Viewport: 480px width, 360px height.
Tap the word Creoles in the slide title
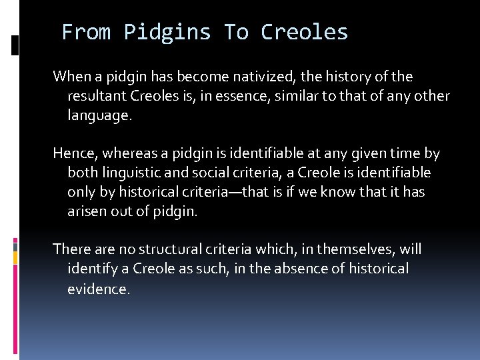coord(304,32)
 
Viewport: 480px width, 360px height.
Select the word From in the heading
coord(86,32)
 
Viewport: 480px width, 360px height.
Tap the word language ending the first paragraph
coord(99,115)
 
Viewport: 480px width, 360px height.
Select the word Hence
coord(75,154)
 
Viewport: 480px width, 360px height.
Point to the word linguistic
coord(125,173)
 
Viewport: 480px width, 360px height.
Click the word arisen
coord(90,212)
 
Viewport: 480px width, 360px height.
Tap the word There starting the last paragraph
coord(71,250)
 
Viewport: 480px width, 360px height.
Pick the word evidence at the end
coord(98,289)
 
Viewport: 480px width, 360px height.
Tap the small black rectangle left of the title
coord(15,45)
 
